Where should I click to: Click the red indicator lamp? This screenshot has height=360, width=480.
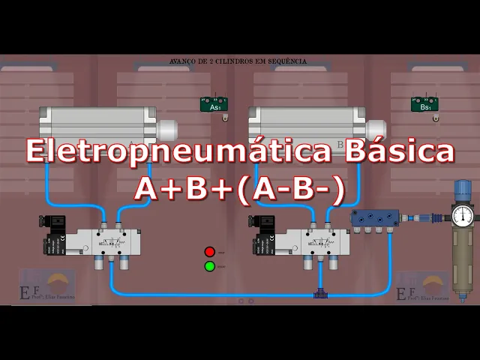[x=210, y=252]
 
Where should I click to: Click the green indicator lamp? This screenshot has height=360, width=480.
[x=210, y=265]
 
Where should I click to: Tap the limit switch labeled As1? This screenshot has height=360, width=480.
[x=214, y=105]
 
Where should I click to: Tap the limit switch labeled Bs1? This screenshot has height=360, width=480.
[x=424, y=105]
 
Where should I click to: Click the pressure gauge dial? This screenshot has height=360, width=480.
[x=463, y=216]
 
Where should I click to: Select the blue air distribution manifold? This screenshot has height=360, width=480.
[x=375, y=218]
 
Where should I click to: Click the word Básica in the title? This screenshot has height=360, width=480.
[x=399, y=151]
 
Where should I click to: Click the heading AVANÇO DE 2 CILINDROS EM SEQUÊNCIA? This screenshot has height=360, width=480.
[x=238, y=61]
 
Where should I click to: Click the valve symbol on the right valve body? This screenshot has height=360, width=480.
[x=322, y=241]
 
